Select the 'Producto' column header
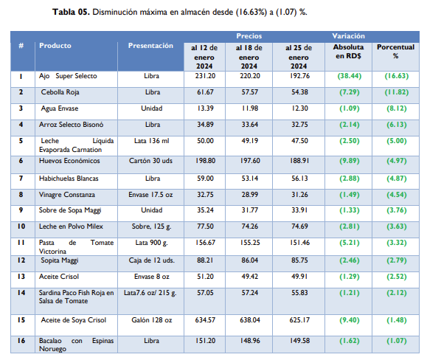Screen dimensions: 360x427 (x=55, y=46)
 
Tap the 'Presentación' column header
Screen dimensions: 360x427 (x=150, y=46)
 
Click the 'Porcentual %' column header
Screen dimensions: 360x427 (x=395, y=50)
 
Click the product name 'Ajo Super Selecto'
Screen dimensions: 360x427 (x=69, y=76)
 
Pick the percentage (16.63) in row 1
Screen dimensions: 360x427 (x=395, y=76)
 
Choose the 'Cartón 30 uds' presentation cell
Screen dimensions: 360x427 (x=150, y=160)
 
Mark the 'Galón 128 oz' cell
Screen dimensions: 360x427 (x=150, y=321)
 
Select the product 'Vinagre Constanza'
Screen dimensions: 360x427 (x=68, y=195)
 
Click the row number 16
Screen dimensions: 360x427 (x=21, y=342)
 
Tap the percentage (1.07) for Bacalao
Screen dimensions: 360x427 (x=395, y=342)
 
